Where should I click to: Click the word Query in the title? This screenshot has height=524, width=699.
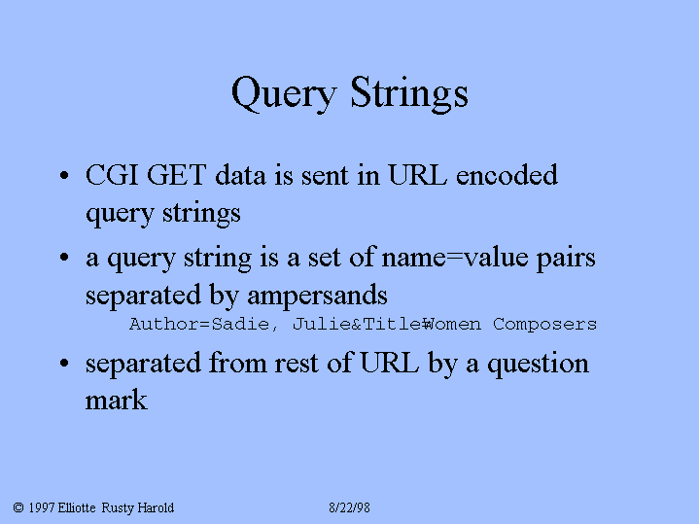coord(284,94)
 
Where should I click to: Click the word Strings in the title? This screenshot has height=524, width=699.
coord(409,94)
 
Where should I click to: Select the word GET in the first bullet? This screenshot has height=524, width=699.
coord(176,175)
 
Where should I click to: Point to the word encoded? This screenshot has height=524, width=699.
coord(507,174)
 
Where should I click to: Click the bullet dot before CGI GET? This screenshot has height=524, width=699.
coord(64,175)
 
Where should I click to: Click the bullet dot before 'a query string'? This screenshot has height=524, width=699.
coord(64,258)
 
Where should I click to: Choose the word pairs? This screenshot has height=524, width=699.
coord(566,259)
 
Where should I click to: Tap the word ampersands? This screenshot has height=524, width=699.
coord(317,295)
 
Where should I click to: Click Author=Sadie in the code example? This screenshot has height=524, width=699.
coord(199,324)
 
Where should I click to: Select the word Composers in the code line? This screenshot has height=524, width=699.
coord(544,324)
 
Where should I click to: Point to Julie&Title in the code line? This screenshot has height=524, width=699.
coord(357,324)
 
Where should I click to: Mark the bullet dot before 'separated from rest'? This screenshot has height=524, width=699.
coord(64,363)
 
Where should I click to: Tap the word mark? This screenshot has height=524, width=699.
coord(116,400)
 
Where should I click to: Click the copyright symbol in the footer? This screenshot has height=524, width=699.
coord(18,507)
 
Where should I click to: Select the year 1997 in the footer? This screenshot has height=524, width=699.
coord(42,507)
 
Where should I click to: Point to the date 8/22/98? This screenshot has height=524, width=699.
coord(350,507)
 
